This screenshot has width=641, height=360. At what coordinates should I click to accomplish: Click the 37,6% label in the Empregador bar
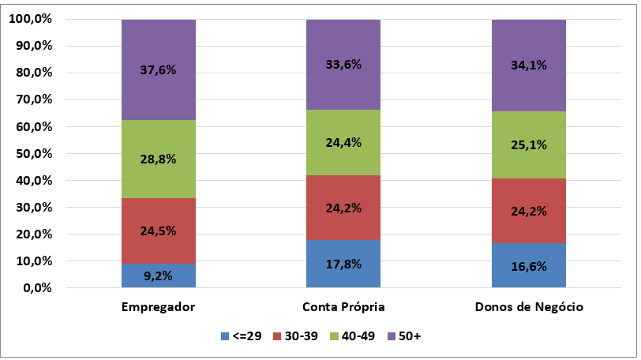pyautogui.click(x=159, y=69)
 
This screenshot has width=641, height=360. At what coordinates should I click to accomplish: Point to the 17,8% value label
pyautogui.click(x=343, y=264)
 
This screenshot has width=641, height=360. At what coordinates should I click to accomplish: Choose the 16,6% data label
pyautogui.click(x=529, y=266)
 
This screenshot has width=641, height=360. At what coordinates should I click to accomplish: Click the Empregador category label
pyautogui.click(x=159, y=306)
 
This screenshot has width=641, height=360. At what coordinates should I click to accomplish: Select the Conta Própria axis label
pyautogui.click(x=343, y=306)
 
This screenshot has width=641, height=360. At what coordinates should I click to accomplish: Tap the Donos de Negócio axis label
pyautogui.click(x=529, y=306)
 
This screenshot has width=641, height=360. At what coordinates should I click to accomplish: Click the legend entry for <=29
pyautogui.click(x=243, y=337)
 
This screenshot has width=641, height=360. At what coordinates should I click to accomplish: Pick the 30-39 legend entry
pyautogui.click(x=294, y=337)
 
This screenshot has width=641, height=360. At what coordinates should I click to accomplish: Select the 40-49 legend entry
pyautogui.click(x=351, y=337)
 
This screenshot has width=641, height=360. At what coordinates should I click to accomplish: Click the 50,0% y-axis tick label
pyautogui.click(x=32, y=154)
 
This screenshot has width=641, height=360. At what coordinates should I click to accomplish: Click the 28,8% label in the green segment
pyautogui.click(x=159, y=159)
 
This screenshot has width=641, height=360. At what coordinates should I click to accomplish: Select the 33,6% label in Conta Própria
pyautogui.click(x=343, y=65)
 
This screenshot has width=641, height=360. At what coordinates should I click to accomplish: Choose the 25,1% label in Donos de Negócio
pyautogui.click(x=529, y=144)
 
